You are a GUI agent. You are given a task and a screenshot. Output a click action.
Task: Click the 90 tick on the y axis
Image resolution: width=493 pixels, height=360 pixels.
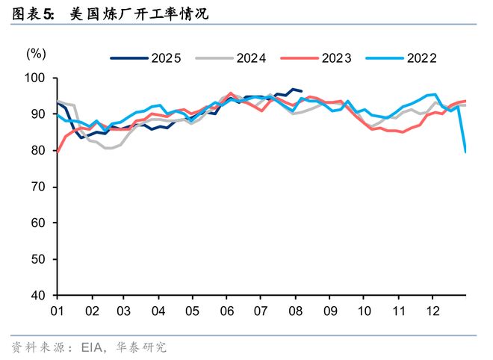(x=38, y=114)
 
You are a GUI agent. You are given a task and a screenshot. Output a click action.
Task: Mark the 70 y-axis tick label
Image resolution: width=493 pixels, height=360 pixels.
(x=38, y=187)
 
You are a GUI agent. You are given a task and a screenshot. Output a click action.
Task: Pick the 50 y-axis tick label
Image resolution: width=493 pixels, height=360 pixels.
(x=38, y=259)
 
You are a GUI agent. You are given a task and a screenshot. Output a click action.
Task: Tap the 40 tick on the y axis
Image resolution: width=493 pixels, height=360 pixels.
(x=38, y=295)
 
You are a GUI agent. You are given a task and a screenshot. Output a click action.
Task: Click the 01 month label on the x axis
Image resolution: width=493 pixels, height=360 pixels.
(x=57, y=310)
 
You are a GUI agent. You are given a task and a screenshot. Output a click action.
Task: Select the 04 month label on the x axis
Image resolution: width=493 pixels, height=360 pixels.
(x=158, y=310)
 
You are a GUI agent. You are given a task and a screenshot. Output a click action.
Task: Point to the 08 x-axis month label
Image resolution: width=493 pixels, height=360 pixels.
(x=294, y=310)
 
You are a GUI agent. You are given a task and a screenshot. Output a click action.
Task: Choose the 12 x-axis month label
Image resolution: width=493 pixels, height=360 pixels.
(x=431, y=310)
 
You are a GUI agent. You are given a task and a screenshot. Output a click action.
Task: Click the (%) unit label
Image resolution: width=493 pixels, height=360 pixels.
(x=37, y=54)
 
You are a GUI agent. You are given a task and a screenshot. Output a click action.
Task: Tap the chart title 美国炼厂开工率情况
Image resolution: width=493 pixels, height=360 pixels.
(x=138, y=13)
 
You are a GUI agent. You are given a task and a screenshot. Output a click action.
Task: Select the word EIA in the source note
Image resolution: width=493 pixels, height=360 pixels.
(x=90, y=347)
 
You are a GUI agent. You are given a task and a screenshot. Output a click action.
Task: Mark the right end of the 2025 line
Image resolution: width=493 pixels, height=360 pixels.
(x=301, y=91)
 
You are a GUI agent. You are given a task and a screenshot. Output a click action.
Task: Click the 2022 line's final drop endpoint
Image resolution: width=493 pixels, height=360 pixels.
(x=466, y=152)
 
